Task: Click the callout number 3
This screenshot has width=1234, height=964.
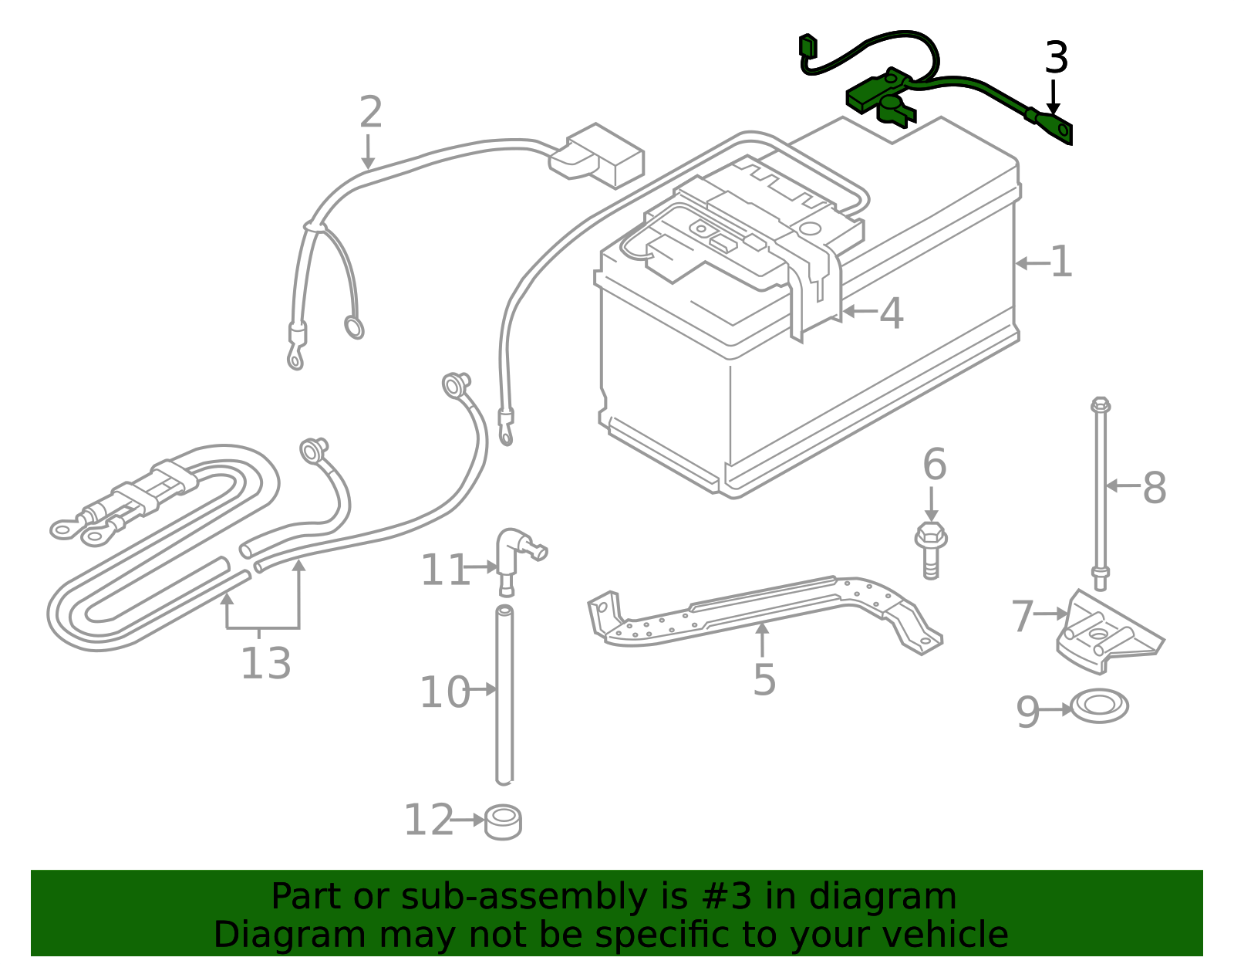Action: tap(1056, 59)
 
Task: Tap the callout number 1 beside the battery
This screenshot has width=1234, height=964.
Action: tap(1061, 262)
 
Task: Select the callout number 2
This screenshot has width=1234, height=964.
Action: tap(370, 113)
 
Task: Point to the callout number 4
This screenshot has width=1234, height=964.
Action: tap(891, 314)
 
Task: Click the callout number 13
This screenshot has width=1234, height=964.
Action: tap(266, 663)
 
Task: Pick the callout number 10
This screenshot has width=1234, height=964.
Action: tap(443, 692)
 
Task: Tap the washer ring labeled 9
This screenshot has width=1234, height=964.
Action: tap(1099, 706)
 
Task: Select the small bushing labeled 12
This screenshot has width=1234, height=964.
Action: tap(503, 823)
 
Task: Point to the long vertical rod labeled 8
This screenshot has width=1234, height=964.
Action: tap(1101, 494)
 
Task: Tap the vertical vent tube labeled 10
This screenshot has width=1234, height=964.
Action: tap(504, 695)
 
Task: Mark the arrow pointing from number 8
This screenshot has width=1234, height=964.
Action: tap(1122, 486)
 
